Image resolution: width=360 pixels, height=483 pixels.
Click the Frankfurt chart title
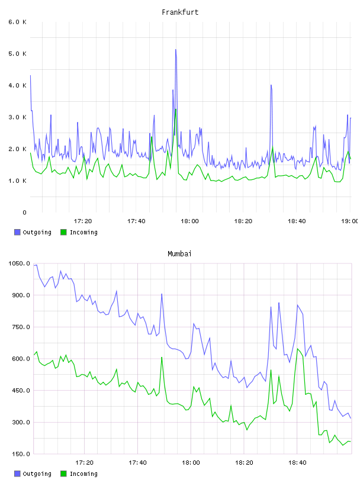point(180,12)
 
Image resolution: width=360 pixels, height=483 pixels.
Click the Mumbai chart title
point(179,253)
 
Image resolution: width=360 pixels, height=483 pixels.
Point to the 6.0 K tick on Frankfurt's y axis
point(18,22)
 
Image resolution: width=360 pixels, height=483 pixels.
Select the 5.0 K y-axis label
point(18,54)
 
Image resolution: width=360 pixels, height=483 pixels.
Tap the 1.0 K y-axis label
point(18,181)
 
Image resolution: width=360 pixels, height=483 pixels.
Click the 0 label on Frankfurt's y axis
point(24,212)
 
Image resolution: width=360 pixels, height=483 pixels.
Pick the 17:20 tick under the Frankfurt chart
point(83,221)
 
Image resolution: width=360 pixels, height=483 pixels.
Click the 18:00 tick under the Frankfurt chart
point(189,221)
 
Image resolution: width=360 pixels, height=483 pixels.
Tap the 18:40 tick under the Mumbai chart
point(297,462)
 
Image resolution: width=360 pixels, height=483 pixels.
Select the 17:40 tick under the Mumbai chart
point(137,462)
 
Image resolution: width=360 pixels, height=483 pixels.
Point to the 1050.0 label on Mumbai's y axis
point(19,263)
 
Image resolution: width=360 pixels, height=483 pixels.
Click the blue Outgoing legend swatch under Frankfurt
point(17,232)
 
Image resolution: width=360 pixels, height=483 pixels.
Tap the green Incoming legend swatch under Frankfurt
point(63,232)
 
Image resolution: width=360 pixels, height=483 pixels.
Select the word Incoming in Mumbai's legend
point(83,474)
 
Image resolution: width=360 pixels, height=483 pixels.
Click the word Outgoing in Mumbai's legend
point(37,474)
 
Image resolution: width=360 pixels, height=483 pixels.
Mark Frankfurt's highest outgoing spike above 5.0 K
point(176,49)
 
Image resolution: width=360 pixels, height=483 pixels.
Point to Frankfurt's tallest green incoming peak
point(176,109)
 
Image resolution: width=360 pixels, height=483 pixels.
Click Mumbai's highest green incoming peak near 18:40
point(297,349)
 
